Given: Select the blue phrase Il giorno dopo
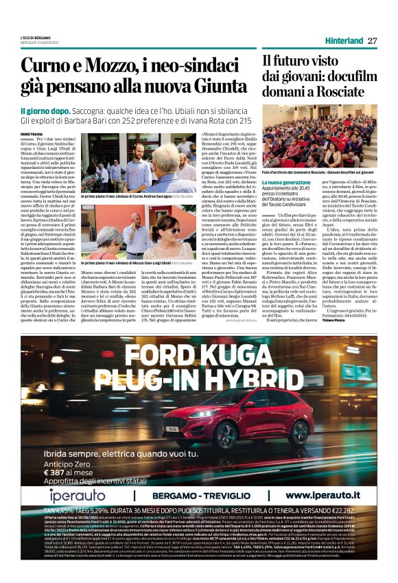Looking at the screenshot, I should (x=43, y=110).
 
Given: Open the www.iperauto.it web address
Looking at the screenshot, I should (x=320, y=494).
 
